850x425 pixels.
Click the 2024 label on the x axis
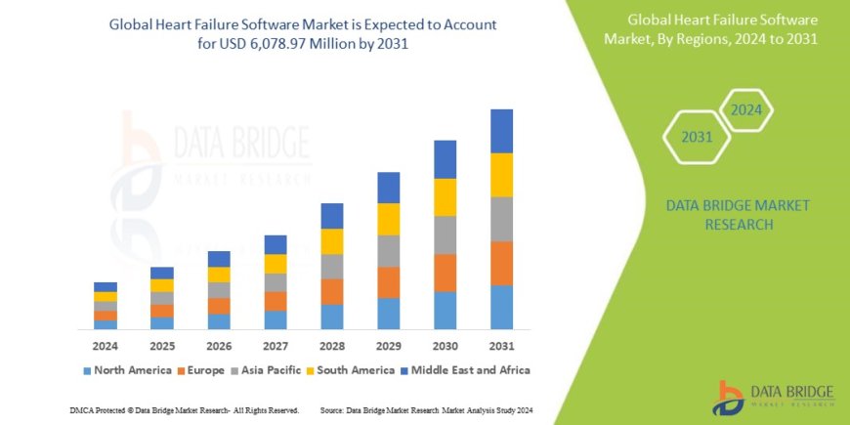106,346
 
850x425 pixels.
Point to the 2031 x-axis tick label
501,346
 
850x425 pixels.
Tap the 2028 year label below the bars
331,346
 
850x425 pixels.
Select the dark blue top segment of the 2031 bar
501,131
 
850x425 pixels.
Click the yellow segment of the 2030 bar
445,197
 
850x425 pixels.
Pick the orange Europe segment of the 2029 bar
388,282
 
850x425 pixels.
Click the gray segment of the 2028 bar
331,267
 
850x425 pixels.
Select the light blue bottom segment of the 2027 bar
276,319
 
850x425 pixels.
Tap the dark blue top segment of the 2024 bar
106,286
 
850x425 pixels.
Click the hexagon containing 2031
697,137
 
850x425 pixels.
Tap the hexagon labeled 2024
745,109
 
